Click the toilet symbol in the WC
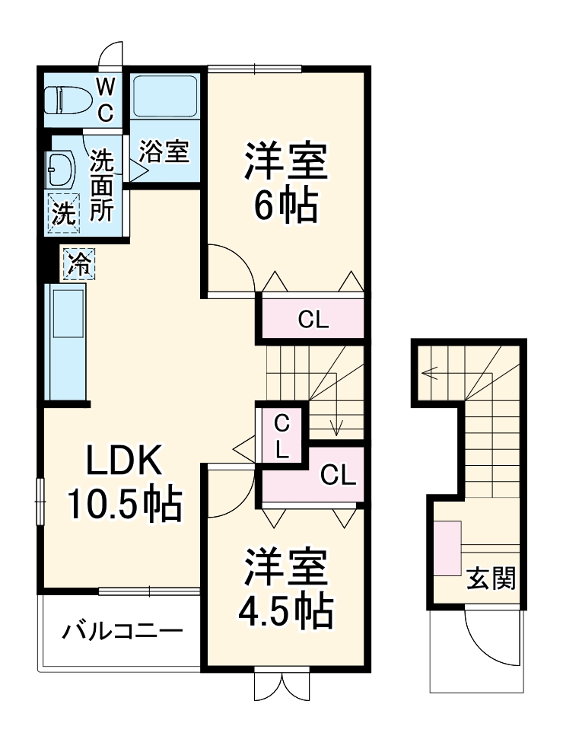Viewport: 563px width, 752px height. point(65,100)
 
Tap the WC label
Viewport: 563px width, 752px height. point(106,98)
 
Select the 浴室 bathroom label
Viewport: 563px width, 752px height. point(164,151)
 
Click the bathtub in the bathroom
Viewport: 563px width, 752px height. point(164,97)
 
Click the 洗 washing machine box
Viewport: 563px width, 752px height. point(64,212)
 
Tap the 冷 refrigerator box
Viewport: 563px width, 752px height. point(79,264)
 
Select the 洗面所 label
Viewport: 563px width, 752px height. point(102,186)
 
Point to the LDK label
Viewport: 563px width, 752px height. point(124,461)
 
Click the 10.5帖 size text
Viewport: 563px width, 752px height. point(125,503)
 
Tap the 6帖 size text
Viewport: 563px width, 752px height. point(285,203)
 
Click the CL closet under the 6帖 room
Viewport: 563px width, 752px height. point(313,320)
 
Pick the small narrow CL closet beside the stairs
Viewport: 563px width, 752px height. point(281,435)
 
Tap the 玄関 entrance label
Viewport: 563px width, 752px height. point(491,579)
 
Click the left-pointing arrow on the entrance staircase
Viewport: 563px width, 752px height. point(431,374)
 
